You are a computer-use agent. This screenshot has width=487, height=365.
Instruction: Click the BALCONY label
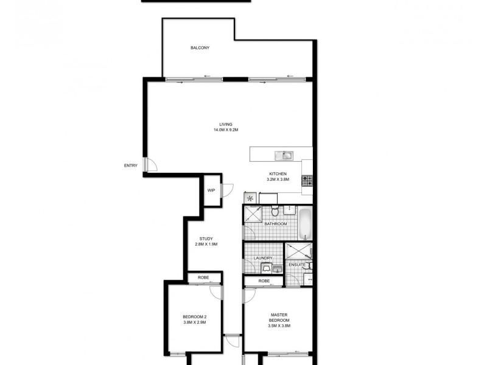pos(200,47)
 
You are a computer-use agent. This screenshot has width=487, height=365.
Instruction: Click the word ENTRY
pos(130,165)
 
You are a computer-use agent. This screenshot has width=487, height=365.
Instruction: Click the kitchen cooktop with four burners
pos(307,180)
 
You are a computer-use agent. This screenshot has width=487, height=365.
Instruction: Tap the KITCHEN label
pos(278,174)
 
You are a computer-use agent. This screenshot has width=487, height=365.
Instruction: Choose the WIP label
pos(211,190)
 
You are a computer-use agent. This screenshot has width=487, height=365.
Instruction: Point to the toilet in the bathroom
pos(275,211)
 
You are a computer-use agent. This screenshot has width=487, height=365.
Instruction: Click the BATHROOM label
pos(275,224)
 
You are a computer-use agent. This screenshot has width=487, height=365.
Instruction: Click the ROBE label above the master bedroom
pos(264,281)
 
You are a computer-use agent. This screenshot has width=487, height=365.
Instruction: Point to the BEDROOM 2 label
pos(195,316)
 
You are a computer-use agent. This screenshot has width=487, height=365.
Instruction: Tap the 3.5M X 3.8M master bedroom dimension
pos(279,326)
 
